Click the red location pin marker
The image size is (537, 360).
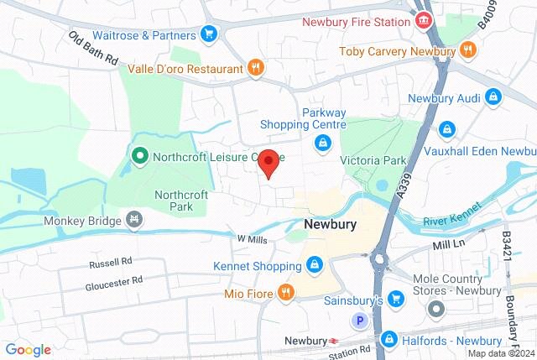tap(268, 162)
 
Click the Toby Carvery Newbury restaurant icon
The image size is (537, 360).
tap(468, 51)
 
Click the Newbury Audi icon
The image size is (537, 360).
tap(494, 98)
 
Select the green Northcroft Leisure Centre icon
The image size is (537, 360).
tap(140, 155)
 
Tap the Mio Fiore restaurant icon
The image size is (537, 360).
tap(286, 293)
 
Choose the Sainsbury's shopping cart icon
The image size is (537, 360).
tap(397, 300)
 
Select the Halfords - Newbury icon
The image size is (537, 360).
tap(388, 338)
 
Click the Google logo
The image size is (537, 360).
tap(28, 349)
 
